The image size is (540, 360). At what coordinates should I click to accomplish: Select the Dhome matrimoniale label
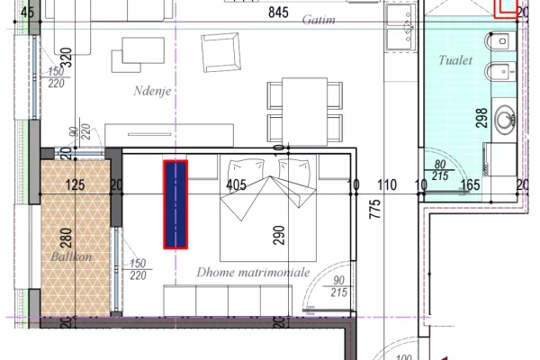253,271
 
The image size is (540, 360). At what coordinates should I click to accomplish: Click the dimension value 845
280,13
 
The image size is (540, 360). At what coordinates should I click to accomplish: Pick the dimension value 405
237,186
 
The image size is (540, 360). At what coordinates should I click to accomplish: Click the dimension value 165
470,186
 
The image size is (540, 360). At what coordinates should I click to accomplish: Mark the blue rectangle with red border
175,204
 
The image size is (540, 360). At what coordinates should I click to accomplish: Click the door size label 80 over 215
439,171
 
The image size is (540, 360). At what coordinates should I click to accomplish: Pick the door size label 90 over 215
338,286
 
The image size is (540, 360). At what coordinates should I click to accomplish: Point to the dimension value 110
387,186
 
